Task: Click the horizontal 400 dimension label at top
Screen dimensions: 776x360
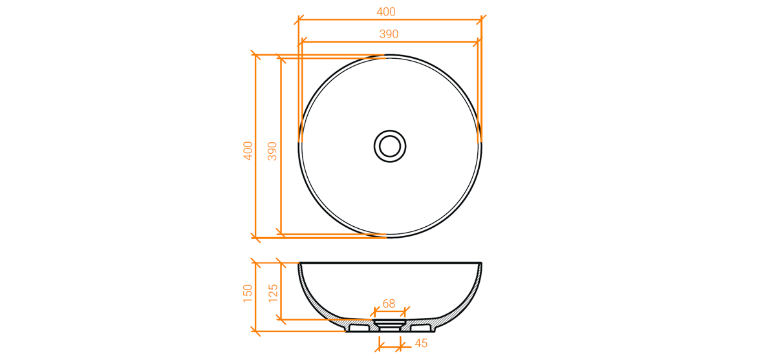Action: [x=386, y=12]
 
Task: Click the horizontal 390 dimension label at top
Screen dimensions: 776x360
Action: [x=389, y=34]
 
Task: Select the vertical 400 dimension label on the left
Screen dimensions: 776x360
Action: [x=248, y=151]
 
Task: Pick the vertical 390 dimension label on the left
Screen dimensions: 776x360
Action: [x=272, y=151]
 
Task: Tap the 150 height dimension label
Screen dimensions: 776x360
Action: [x=248, y=293]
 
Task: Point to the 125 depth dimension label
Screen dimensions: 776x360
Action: [x=274, y=293]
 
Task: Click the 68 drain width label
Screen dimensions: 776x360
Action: [x=389, y=304]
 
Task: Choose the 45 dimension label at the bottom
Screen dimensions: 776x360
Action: [x=421, y=343]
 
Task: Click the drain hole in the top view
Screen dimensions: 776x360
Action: [x=390, y=146]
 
